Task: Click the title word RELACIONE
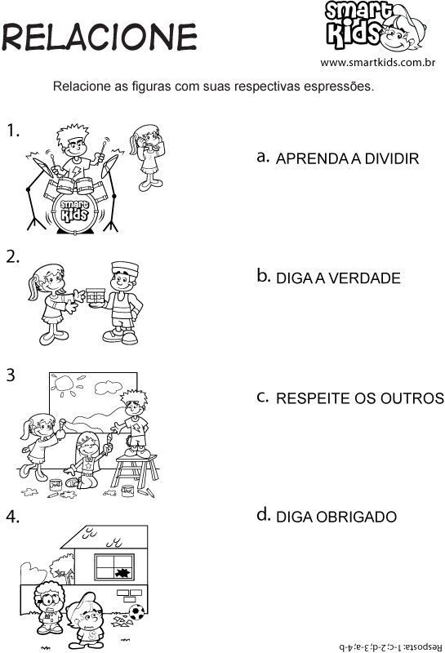pos(99,37)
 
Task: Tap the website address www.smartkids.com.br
pos(376,63)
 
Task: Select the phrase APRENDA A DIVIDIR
pos(347,159)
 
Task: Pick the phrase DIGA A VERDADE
pos(338,278)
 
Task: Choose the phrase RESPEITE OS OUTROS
pos(360,398)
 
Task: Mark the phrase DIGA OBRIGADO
pos(336,518)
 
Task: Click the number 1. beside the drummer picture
pos(13,131)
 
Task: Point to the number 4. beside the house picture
pos(13,516)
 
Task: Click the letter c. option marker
pos(262,397)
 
